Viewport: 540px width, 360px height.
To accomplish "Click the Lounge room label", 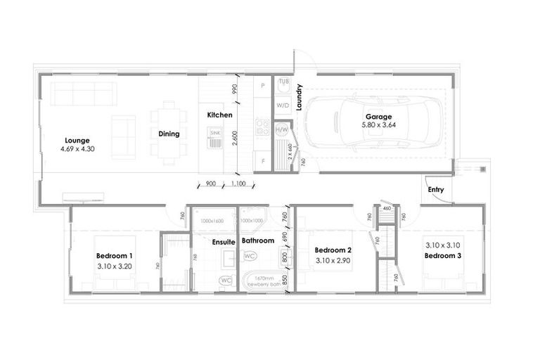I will coord(78,140).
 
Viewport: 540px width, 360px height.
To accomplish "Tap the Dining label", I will coord(169,134).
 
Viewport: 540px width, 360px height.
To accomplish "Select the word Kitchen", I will coord(219,115).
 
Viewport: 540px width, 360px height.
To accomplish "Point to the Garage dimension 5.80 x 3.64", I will coord(378,125).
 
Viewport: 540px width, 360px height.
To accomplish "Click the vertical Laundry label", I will coord(299,98).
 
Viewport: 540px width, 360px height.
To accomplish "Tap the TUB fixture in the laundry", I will coord(284,82).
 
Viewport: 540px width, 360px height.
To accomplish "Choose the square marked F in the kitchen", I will coord(262,161).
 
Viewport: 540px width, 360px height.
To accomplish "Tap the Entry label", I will coord(436,189).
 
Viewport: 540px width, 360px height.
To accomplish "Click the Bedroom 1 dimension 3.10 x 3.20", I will coord(115,267).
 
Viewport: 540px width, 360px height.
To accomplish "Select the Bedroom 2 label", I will coord(333,250).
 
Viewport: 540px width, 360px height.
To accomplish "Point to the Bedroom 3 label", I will coord(443,255).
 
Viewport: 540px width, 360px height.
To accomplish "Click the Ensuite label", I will coord(224,241).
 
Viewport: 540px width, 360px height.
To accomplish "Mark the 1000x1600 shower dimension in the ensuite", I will coord(214,220).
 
